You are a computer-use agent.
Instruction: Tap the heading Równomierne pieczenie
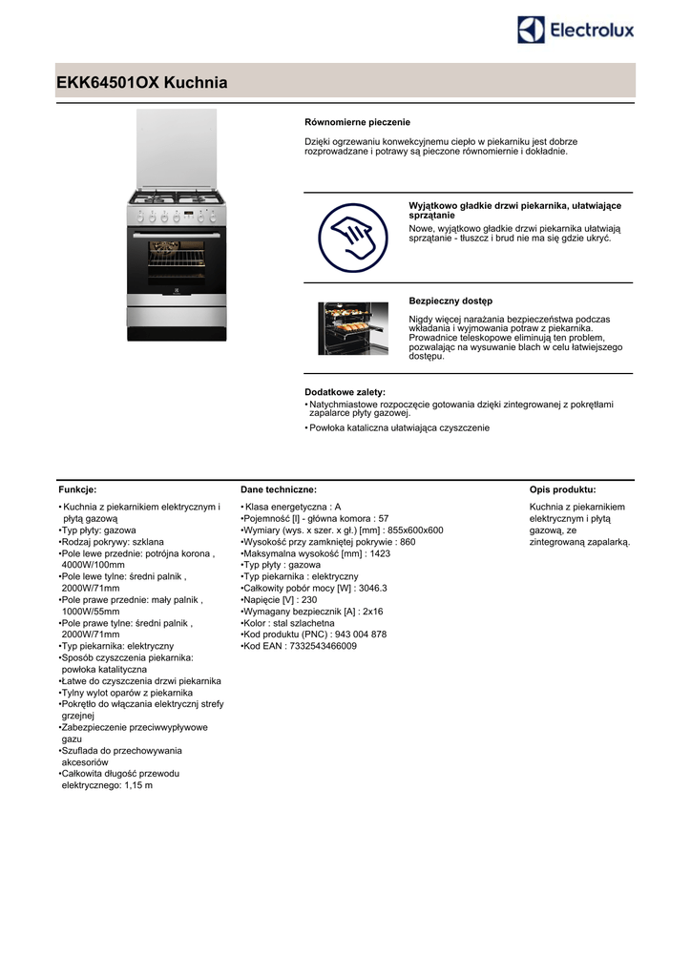point(357,122)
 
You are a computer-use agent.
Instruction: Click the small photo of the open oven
point(353,329)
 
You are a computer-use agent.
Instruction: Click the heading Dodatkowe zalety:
point(345,392)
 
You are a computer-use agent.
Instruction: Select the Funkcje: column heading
point(77,488)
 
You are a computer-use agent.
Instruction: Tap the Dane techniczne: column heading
point(279,488)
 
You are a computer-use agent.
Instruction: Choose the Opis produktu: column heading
point(562,488)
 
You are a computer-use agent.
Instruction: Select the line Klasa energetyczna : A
point(293,507)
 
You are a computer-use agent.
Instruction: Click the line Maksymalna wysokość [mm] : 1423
point(317,553)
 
